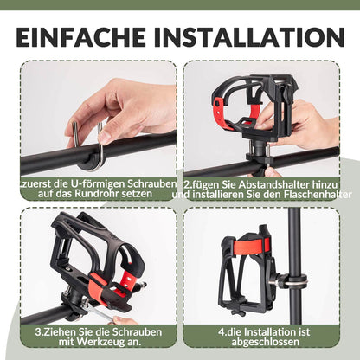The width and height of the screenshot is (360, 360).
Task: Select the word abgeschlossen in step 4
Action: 267,341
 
